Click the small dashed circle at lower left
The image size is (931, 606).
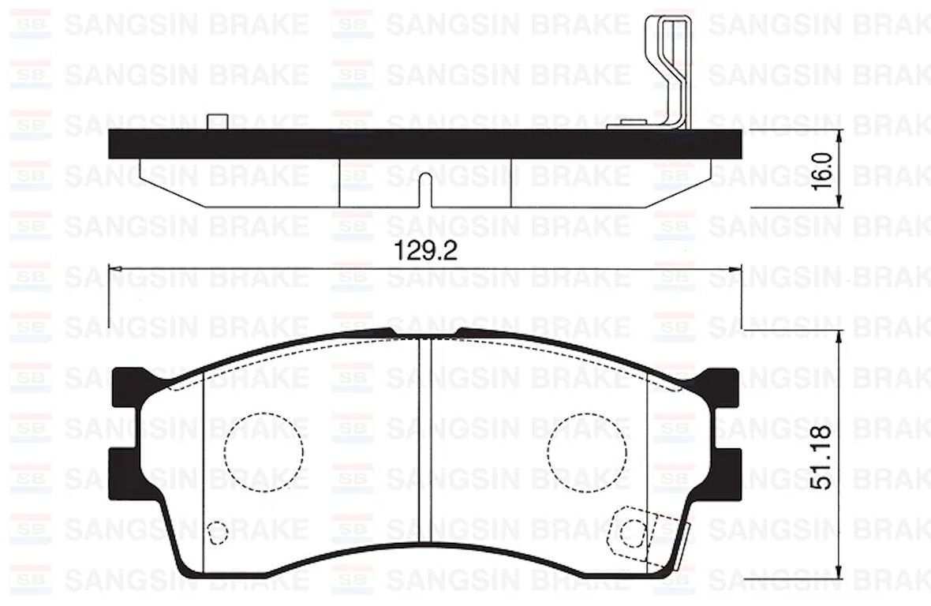click(216, 533)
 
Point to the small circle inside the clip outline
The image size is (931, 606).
click(631, 534)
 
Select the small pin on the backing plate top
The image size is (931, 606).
click(216, 122)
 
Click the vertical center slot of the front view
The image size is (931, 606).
click(425, 442)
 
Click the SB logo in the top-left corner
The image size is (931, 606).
click(30, 23)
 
